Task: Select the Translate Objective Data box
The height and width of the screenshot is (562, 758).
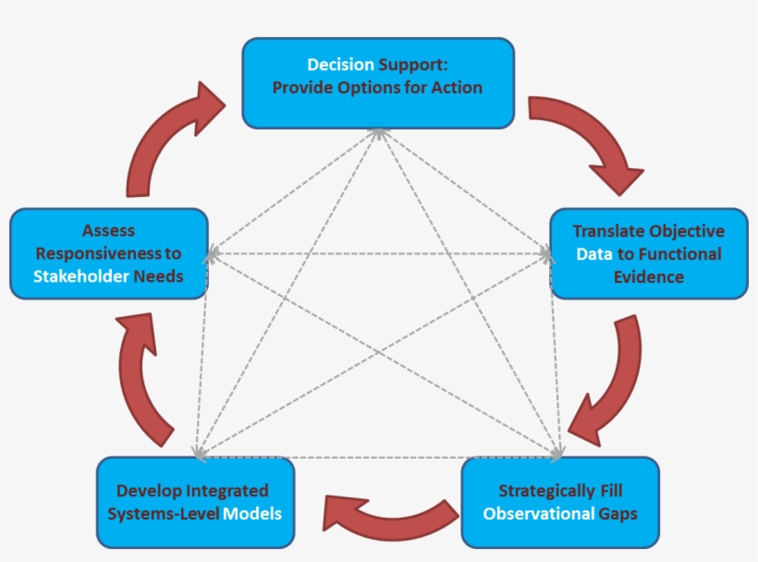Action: pyautogui.click(x=648, y=253)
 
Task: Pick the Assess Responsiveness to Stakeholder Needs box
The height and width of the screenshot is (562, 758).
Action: pyautogui.click(x=108, y=253)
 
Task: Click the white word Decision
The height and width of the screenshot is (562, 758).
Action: pyautogui.click(x=341, y=65)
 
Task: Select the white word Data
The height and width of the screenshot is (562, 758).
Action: pyautogui.click(x=593, y=253)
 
